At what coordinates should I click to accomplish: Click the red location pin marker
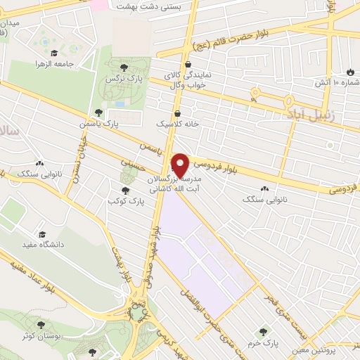click(180, 165)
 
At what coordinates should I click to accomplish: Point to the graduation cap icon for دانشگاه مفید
click(42, 233)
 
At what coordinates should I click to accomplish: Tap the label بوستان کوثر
click(38, 336)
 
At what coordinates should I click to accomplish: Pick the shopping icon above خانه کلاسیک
click(176, 112)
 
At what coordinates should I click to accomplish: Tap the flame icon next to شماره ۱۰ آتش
click(349, 71)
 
